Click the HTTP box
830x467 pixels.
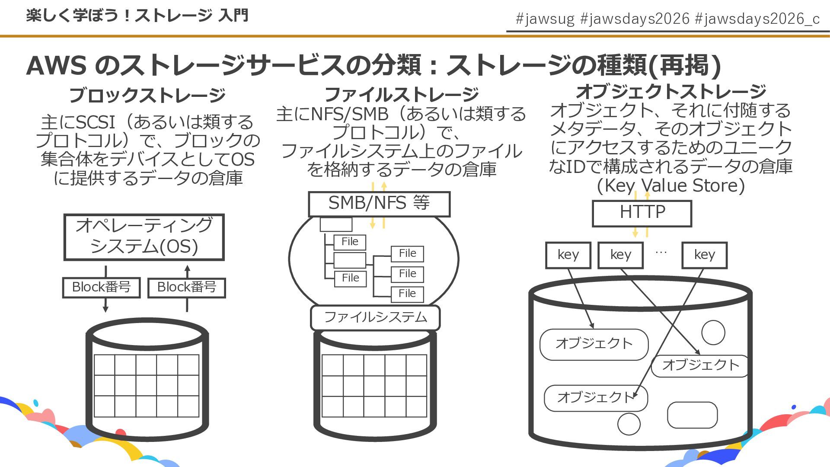[642, 213]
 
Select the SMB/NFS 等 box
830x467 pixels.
[379, 204]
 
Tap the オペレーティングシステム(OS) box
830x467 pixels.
[144, 237]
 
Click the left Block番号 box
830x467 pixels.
[101, 288]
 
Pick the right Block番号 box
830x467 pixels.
[187, 288]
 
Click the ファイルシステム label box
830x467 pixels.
[375, 317]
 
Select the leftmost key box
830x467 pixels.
[568, 255]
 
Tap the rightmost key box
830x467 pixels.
[704, 255]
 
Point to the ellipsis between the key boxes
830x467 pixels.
[661, 252]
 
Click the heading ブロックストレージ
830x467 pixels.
[147, 95]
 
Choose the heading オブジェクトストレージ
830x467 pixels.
[671, 91]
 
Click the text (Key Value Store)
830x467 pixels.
[671, 186]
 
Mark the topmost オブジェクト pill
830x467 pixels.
[594, 344]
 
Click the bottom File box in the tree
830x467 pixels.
[407, 294]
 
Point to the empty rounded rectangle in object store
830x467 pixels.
[692, 415]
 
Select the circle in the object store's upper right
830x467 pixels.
[713, 333]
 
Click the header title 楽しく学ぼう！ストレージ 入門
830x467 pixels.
[137, 16]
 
